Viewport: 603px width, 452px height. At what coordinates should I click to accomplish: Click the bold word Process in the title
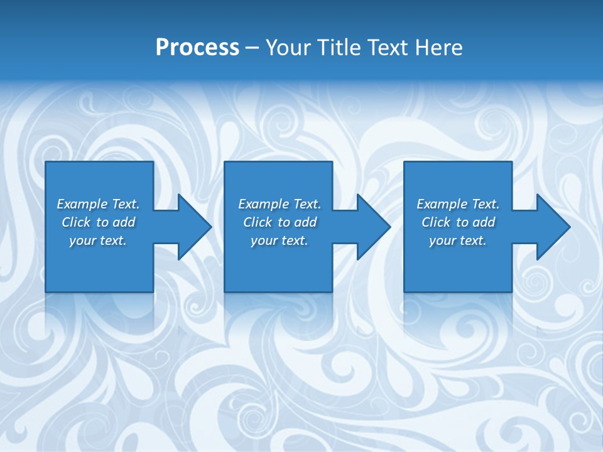(197, 48)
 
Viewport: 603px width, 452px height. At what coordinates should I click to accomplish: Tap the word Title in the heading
(340, 48)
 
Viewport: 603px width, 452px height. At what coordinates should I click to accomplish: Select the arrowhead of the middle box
(374, 227)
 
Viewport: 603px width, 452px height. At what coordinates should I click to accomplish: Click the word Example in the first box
(82, 204)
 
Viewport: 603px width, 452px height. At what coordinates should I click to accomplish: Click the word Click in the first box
(76, 222)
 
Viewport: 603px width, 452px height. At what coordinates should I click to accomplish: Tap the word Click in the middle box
(258, 222)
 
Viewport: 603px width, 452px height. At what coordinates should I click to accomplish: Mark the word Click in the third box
(436, 222)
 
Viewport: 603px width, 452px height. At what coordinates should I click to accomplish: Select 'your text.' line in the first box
(98, 240)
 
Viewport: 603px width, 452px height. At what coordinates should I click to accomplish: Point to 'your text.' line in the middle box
(280, 240)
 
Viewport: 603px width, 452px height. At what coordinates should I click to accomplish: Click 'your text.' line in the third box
(458, 240)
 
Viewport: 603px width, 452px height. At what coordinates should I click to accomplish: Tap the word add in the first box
(124, 222)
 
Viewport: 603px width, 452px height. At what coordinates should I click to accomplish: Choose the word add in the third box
(484, 222)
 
